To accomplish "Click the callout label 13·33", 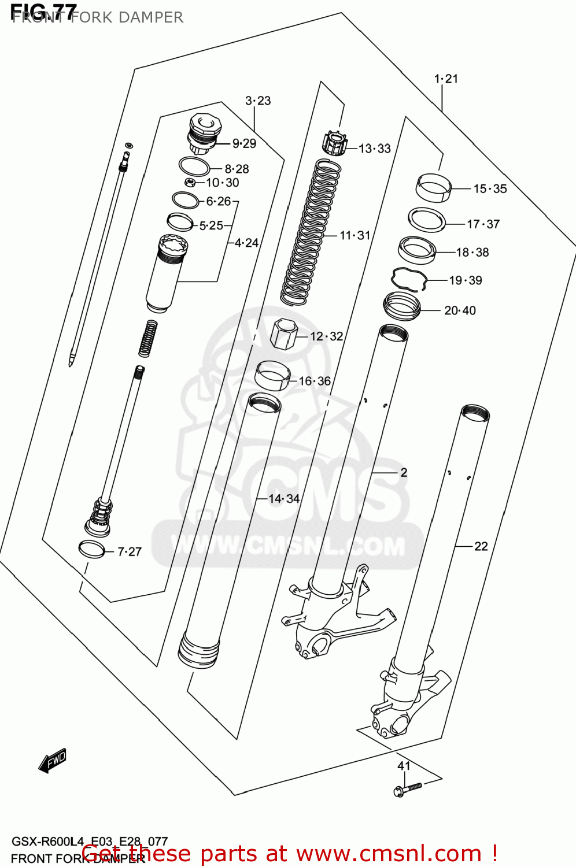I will (375, 149).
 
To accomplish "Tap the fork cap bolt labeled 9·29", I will (202, 134).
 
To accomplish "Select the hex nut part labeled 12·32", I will (284, 334).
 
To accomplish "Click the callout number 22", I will (481, 546).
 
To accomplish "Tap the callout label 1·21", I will (446, 79).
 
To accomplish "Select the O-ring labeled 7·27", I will (92, 549).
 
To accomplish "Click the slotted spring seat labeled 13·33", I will (334, 143).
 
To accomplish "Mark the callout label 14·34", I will (284, 499).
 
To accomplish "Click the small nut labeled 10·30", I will (189, 183).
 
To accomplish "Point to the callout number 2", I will (404, 473).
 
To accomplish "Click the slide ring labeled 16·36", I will (272, 376).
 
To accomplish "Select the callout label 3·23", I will (258, 101).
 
